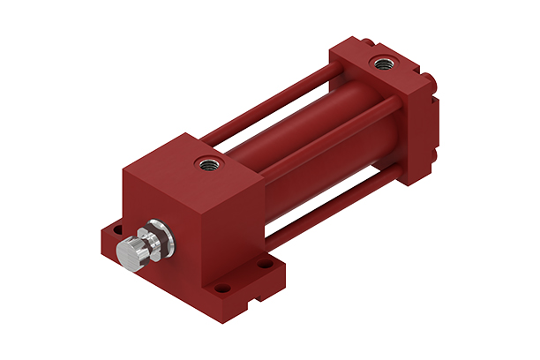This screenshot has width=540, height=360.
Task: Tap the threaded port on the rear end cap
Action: [x=382, y=63]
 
